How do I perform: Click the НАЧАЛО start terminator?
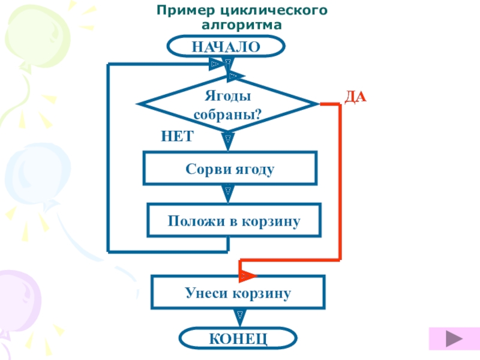click(226, 46)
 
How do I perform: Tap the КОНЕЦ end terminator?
click(238, 338)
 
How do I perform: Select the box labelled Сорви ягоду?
click(230, 168)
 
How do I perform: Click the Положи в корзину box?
click(234, 220)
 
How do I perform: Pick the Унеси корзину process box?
click(238, 292)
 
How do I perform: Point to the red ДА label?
click(355, 97)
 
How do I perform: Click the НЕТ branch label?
click(177, 136)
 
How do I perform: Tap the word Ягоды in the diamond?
click(228, 96)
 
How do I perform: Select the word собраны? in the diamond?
click(228, 115)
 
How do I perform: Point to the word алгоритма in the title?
click(242, 25)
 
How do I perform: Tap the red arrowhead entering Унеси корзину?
click(247, 275)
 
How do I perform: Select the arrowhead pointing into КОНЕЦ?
click(239, 318)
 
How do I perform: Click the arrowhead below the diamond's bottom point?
click(228, 142)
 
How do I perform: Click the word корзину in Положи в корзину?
click(271, 221)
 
